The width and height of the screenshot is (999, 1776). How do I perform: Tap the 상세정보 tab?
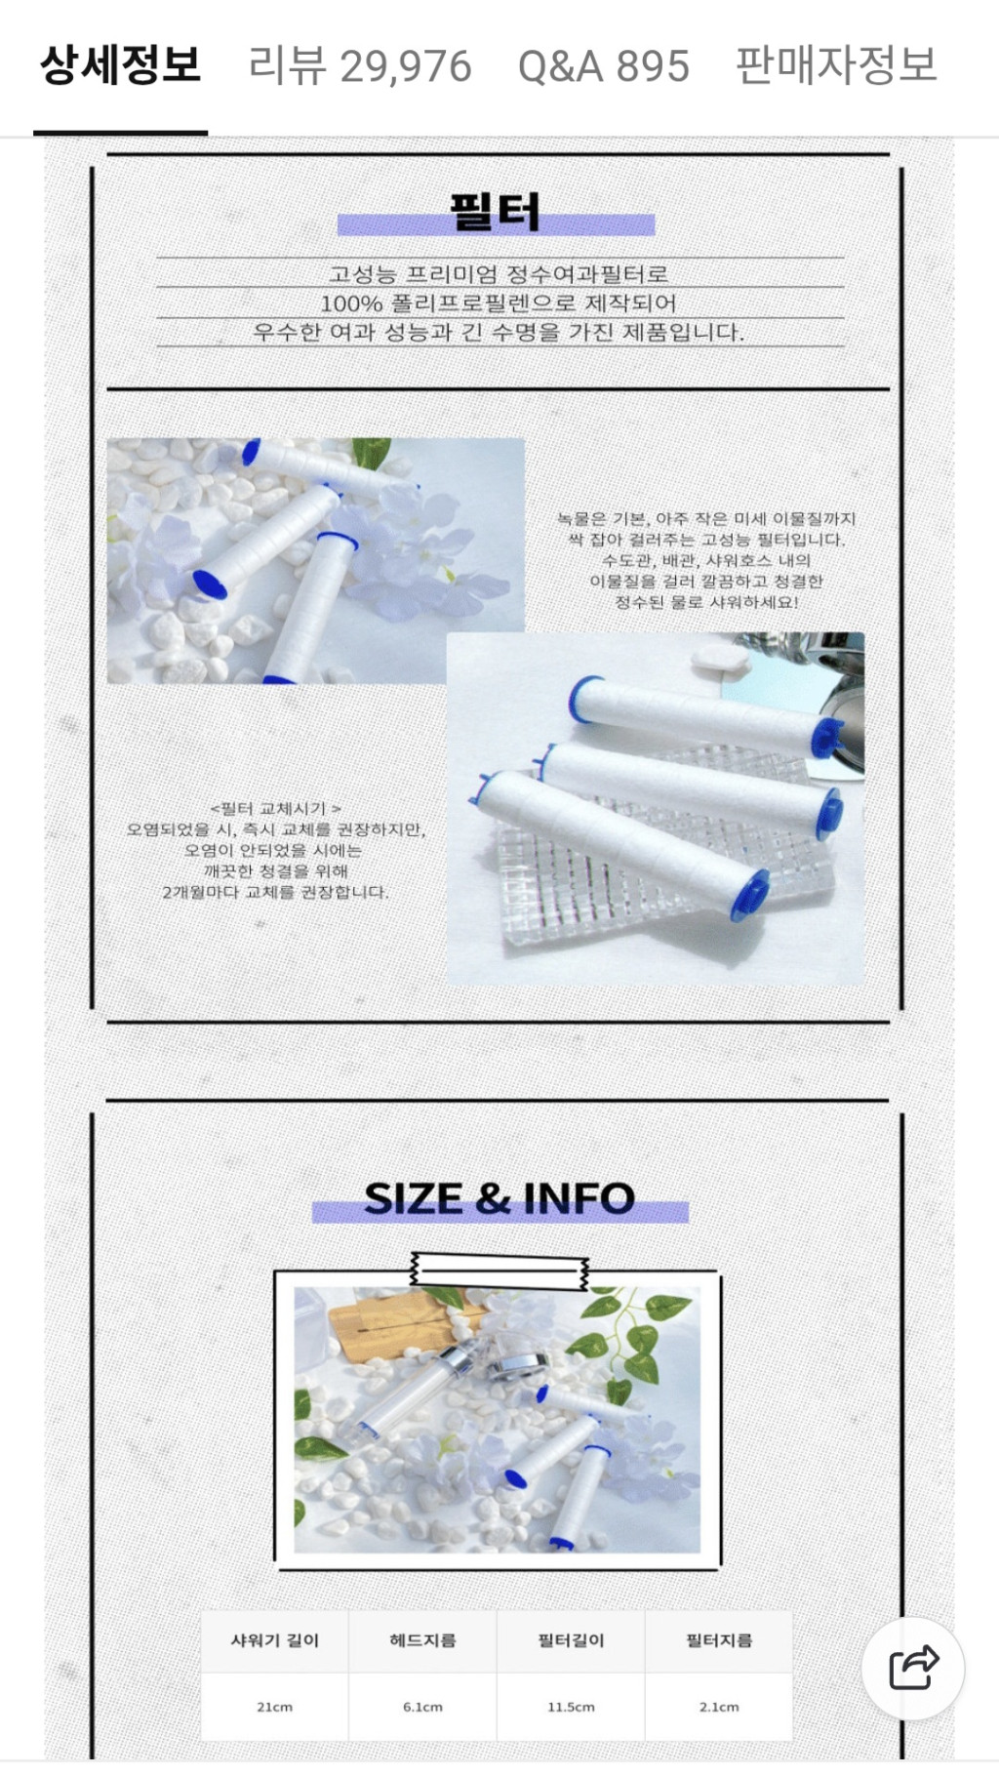120,65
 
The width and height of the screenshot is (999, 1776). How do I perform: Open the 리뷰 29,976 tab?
360,66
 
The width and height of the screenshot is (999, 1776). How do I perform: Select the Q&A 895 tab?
604,66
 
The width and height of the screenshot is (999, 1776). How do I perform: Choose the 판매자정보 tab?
836,65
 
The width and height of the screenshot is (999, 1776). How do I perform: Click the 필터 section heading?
495,212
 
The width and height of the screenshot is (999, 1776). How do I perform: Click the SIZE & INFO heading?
499,1198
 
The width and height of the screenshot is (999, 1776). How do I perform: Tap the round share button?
913,1668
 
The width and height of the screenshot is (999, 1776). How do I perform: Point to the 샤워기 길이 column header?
275,1640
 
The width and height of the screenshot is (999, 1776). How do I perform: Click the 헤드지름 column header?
422,1640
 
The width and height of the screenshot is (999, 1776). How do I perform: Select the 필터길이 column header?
571,1640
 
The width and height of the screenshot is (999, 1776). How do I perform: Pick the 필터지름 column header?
719,1640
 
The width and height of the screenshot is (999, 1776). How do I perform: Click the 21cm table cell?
274,1707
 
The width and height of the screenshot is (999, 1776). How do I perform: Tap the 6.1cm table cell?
422,1707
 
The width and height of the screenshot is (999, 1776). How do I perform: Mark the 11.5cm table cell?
571,1707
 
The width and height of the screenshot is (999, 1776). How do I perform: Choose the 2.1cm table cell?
719,1707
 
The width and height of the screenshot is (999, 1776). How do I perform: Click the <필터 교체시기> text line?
275,808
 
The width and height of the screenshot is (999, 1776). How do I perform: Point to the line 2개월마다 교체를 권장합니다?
275,892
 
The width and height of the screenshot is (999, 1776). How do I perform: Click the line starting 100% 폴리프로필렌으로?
499,303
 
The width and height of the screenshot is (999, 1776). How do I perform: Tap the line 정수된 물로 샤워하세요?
706,602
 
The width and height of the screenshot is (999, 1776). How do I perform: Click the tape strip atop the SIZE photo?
499,1270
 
